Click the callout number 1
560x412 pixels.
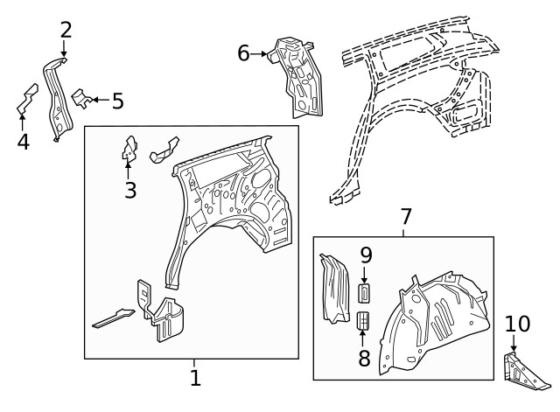point(195,378)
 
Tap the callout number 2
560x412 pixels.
point(66,30)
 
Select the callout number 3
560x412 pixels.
point(129,189)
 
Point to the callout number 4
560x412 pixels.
point(23,141)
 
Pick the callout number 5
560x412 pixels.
point(116,101)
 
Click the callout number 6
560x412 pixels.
point(244,53)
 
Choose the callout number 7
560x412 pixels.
point(405,217)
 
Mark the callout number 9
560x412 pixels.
point(366,256)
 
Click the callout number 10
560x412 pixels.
point(517,325)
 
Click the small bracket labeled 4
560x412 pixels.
point(26,99)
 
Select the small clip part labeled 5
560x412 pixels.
point(81,98)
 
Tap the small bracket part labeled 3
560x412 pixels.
point(129,149)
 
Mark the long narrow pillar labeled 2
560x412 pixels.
point(58,96)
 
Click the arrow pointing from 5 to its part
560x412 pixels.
point(99,100)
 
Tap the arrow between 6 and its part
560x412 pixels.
point(260,53)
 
